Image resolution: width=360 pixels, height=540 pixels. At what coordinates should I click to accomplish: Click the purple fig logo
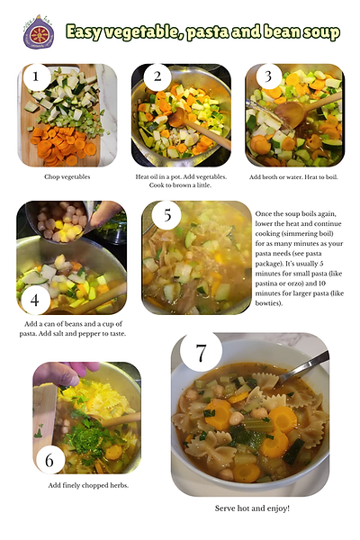click(39, 32)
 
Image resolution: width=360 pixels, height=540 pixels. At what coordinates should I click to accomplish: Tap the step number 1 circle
click(36, 76)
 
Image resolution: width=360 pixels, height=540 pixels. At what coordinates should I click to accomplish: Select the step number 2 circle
click(157, 76)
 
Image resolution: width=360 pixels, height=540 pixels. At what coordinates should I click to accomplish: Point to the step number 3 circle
click(268, 76)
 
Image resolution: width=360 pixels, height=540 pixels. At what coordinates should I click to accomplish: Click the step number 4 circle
click(35, 301)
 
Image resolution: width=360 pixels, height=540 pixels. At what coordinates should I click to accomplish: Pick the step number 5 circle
click(167, 215)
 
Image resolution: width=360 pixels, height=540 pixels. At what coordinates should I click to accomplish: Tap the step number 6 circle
click(49, 460)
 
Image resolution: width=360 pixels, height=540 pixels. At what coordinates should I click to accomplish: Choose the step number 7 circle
click(201, 352)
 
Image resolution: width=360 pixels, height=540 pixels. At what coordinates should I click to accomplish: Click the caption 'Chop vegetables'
click(67, 177)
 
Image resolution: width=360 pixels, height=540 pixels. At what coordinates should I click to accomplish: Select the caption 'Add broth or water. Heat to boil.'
click(293, 177)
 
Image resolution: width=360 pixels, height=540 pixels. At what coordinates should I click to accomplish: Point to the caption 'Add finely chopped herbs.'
click(88, 485)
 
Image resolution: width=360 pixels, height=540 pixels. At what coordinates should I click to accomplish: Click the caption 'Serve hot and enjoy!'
click(252, 508)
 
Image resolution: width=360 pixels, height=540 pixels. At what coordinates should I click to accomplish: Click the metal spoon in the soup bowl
click(302, 368)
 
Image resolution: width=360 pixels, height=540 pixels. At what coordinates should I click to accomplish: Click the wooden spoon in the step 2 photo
click(198, 129)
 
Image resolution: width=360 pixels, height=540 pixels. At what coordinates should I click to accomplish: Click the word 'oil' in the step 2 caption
click(154, 177)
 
